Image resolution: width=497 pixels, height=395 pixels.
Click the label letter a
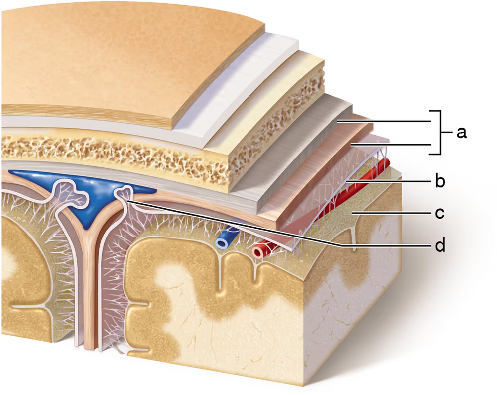pos(462,133)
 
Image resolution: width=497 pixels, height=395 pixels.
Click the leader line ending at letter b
pos(393,181)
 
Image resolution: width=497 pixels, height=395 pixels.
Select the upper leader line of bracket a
pos(388,121)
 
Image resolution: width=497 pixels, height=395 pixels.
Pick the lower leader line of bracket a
pos(393,145)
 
